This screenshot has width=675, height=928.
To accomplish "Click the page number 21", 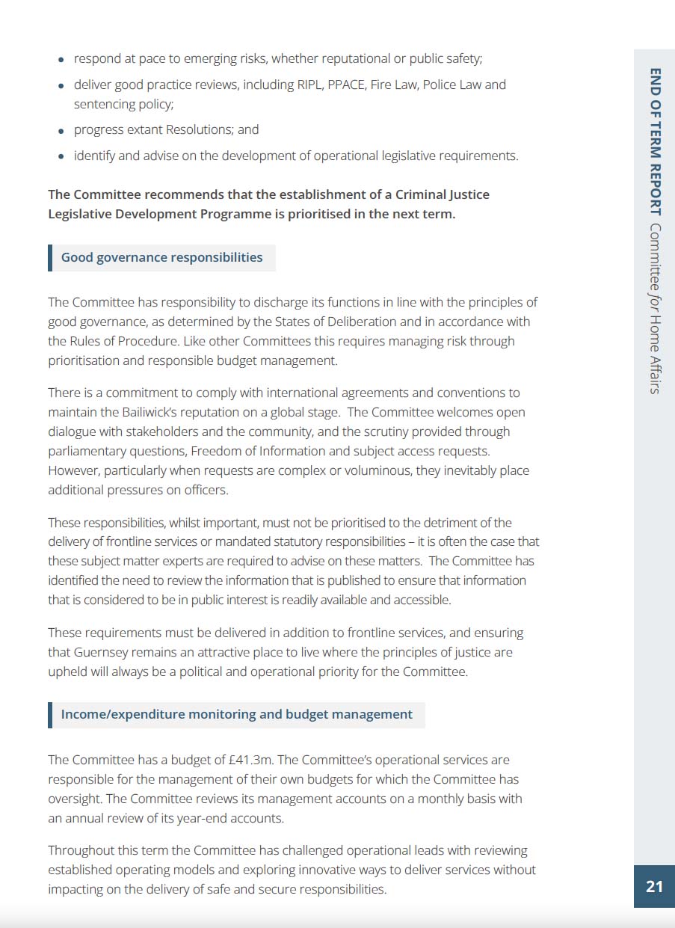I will (x=654, y=886).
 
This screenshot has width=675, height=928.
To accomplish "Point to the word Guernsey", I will (x=102, y=652).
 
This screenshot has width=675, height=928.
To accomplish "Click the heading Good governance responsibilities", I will (x=161, y=257).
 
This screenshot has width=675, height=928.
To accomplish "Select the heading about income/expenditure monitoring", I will (x=236, y=714).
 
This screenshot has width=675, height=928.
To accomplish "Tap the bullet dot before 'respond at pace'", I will (x=61, y=59).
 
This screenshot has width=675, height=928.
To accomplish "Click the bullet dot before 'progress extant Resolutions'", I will (x=61, y=130).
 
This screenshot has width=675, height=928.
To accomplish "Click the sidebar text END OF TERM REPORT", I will (x=655, y=142).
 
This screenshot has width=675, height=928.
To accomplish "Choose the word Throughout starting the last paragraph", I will (x=82, y=850).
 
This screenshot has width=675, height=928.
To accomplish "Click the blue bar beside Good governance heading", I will (x=50, y=257).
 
